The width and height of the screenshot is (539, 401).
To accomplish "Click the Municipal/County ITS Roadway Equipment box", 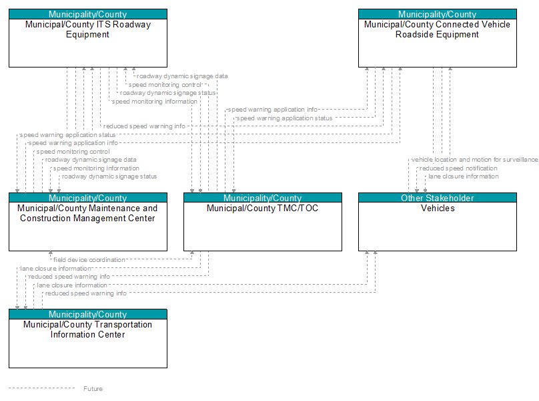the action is pyautogui.click(x=88, y=38).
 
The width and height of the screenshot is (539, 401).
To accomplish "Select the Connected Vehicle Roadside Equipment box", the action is pyautogui.click(x=437, y=38).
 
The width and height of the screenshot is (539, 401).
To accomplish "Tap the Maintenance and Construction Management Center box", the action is pyautogui.click(x=88, y=222).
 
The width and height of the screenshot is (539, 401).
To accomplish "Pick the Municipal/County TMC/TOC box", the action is pyautogui.click(x=263, y=222).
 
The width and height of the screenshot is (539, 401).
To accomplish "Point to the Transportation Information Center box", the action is pyautogui.click(x=88, y=339).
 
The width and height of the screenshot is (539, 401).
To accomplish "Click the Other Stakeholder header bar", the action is pyautogui.click(x=437, y=198).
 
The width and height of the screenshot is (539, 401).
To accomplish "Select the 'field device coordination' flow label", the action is pyautogui.click(x=89, y=260).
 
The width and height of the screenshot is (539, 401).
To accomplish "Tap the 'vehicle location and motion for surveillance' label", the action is pyautogui.click(x=474, y=160).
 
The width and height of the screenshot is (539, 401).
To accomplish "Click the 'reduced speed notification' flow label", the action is pyautogui.click(x=458, y=168).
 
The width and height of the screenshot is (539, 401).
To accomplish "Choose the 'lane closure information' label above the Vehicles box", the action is pyautogui.click(x=464, y=176).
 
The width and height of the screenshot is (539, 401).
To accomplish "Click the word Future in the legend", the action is pyautogui.click(x=93, y=388).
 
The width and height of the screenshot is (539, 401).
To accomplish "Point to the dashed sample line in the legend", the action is pyautogui.click(x=41, y=388).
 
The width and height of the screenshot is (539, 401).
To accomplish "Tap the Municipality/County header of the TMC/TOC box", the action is pyautogui.click(x=263, y=198).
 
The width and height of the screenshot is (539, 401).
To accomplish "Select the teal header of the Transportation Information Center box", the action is pyautogui.click(x=88, y=314).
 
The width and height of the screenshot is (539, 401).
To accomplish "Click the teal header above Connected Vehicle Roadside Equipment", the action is pyautogui.click(x=437, y=14).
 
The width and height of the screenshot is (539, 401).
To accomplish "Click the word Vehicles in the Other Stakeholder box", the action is pyautogui.click(x=438, y=208).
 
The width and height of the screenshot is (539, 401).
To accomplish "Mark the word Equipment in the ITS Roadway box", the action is pyautogui.click(x=87, y=35).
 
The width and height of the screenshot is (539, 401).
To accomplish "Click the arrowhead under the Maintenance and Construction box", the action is pyautogui.click(x=51, y=253).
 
